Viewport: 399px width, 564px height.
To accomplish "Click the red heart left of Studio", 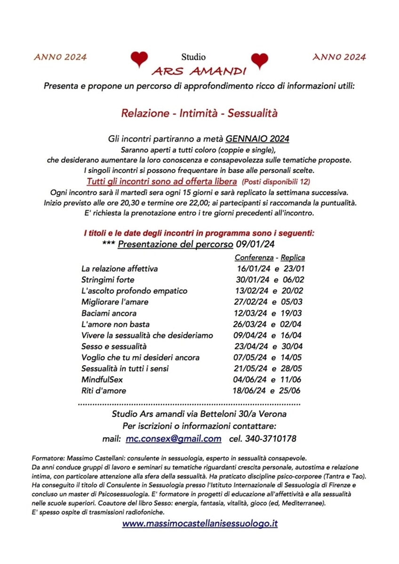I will tap(139, 59).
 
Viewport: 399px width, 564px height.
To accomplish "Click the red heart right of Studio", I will tap(259, 60).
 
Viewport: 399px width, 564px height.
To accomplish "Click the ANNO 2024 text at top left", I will tap(60, 57).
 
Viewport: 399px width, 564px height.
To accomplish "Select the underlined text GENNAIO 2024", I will tap(257, 139).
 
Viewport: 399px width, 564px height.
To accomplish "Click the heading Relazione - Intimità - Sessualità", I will tap(199, 113).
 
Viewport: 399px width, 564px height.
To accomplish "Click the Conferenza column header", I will tap(254, 258).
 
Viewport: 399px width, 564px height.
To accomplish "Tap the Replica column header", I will tap(293, 258).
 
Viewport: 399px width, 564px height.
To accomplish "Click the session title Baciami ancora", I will tap(109, 313).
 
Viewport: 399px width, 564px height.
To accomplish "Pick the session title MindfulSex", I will tap(102, 380).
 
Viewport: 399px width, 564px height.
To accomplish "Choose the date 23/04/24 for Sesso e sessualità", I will tap(251, 346).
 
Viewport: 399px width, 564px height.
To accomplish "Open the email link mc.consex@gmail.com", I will tap(174, 439).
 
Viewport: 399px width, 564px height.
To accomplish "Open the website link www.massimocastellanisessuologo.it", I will tap(199, 523).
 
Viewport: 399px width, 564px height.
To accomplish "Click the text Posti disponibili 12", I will tap(276, 181).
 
